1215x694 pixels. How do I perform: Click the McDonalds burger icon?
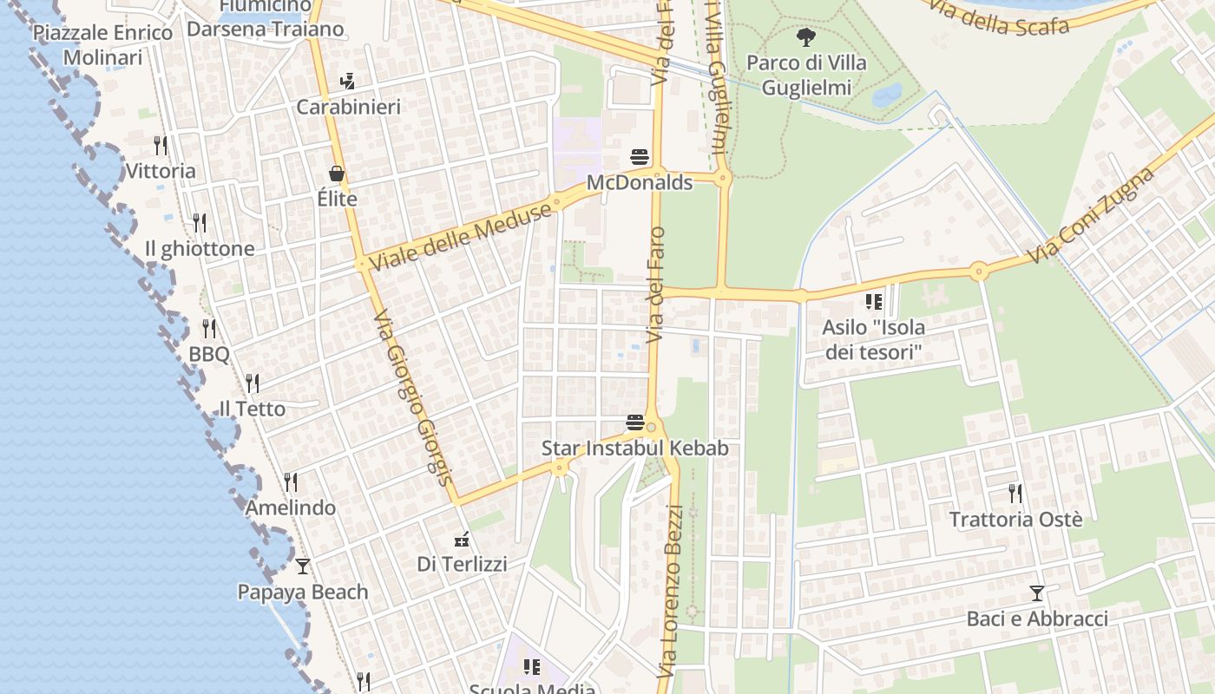(640, 157)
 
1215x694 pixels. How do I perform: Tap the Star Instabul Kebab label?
(634, 448)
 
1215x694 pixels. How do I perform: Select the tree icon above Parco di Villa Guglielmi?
(806, 36)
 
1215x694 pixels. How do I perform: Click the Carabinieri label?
(348, 107)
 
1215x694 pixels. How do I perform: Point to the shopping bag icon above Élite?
(337, 173)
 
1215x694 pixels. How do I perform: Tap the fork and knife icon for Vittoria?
(161, 144)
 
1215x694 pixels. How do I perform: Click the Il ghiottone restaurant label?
(200, 249)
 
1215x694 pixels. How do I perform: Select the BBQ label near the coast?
(209, 355)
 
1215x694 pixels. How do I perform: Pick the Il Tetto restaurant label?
(252, 409)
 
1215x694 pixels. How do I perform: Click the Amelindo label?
(290, 507)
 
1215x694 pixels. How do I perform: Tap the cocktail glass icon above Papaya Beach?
(303, 566)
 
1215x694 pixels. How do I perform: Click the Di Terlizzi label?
(462, 564)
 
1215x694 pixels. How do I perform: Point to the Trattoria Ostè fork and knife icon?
(1015, 494)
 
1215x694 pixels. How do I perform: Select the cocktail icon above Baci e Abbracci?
(1036, 593)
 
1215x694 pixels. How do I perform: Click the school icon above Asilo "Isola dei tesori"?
(873, 302)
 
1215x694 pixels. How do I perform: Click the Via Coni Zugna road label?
(1092, 216)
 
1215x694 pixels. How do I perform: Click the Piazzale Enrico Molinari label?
(102, 45)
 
